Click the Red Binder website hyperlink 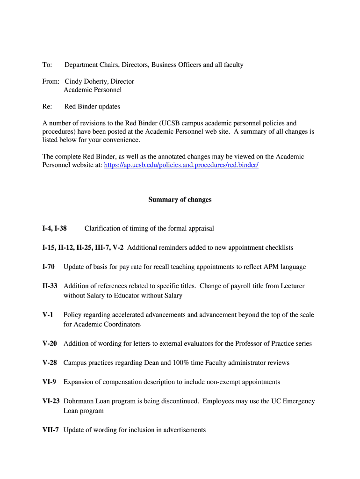point(181,165)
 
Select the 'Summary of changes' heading point(180,200)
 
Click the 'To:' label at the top point(47,65)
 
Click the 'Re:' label point(47,106)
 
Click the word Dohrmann point(80,401)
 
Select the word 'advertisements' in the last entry point(181,430)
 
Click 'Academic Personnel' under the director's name point(93,89)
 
